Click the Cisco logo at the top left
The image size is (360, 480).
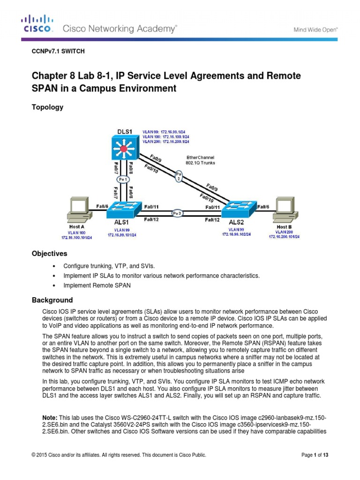[37, 23]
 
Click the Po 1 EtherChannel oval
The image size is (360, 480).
[123, 180]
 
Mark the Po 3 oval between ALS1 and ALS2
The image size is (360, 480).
[177, 212]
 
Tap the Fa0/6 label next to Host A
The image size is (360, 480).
[103, 206]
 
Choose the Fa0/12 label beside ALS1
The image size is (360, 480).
[151, 219]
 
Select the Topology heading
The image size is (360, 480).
[47, 107]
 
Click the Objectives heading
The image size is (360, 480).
[49, 254]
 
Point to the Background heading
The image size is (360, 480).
[52, 300]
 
